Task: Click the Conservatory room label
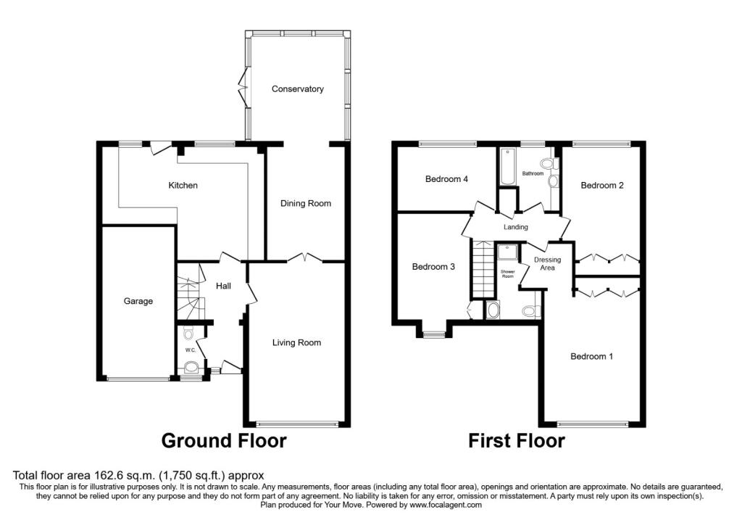(x=297, y=88)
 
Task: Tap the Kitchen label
(x=183, y=185)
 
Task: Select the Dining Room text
(x=306, y=203)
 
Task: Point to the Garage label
(x=138, y=301)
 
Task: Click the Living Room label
(x=296, y=342)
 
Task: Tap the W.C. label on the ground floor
(x=191, y=350)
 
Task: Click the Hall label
(x=223, y=286)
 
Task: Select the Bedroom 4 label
(x=446, y=179)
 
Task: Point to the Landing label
(x=515, y=227)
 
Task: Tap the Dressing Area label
(x=548, y=263)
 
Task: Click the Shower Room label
(x=507, y=273)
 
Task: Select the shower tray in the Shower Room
(x=507, y=252)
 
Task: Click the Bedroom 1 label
(x=591, y=356)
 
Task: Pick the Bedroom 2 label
(x=602, y=185)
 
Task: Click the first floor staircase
(x=483, y=267)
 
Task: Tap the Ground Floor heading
(x=224, y=440)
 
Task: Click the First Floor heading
(x=516, y=440)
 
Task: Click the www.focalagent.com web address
(x=446, y=505)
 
